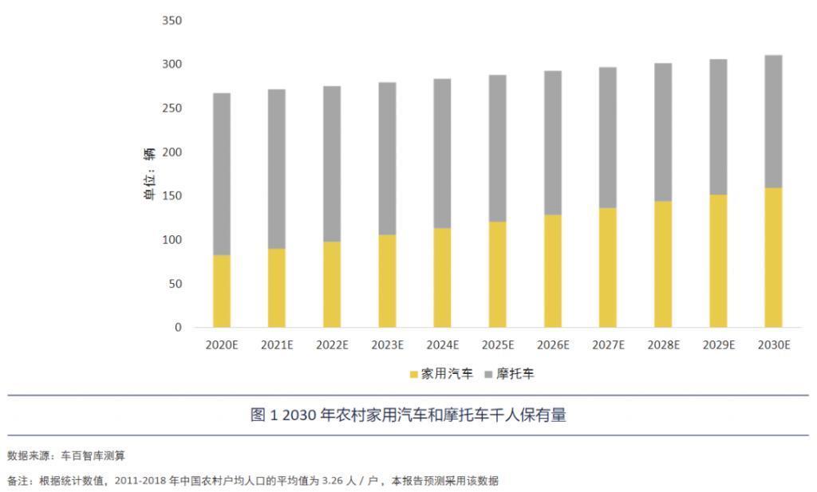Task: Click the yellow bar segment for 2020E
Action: [x=222, y=291]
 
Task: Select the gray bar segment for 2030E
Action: [x=773, y=121]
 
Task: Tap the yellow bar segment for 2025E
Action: [x=497, y=274]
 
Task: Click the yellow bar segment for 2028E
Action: [x=663, y=264]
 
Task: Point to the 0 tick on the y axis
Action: [x=178, y=328]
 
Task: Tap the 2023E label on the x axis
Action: [x=387, y=345]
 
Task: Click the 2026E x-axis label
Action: [x=553, y=345]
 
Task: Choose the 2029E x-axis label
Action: [x=718, y=345]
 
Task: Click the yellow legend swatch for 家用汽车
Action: [x=413, y=374]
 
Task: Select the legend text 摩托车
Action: [x=515, y=374]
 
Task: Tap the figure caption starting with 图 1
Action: [x=408, y=415]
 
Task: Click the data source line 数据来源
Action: [x=66, y=456]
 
